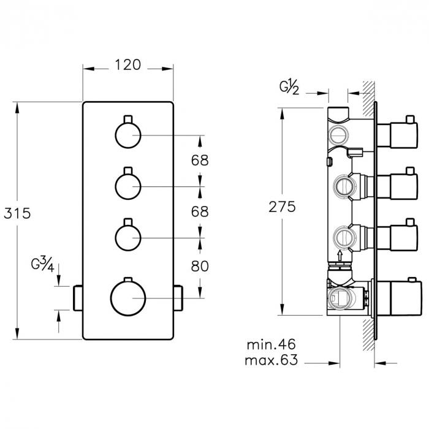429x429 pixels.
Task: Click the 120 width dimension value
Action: (127, 64)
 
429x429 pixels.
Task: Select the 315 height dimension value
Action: (17, 213)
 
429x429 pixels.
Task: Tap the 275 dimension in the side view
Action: (282, 207)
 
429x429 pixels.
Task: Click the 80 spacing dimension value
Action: (200, 266)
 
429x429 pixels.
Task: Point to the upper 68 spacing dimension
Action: (200, 161)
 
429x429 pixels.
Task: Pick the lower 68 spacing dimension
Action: (200, 211)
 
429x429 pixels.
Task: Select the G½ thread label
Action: (290, 87)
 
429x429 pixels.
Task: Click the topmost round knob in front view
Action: (127, 135)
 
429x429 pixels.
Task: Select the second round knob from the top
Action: (127, 186)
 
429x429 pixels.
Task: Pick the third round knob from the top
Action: (127, 237)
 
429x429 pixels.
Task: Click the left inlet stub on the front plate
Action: (77, 297)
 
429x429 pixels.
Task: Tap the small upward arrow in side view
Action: (340, 253)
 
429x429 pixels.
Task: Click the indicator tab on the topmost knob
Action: (127, 118)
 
